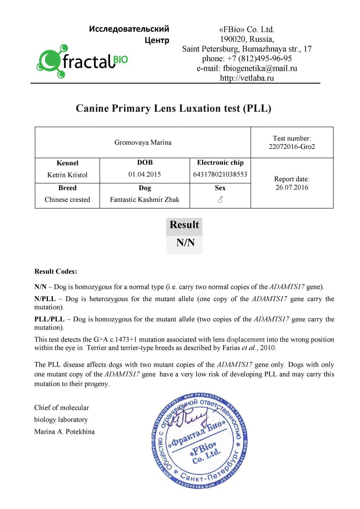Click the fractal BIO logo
(x=82, y=61)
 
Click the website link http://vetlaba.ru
(x=247, y=78)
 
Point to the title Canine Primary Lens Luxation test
(x=173, y=108)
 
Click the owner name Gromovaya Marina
(x=143, y=142)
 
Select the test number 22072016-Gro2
(x=292, y=147)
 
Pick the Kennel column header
(x=67, y=163)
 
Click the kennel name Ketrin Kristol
(x=67, y=175)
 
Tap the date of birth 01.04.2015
(x=144, y=174)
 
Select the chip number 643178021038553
(x=220, y=174)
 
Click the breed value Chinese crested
(x=67, y=199)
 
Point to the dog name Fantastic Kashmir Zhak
(x=144, y=199)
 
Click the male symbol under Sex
(x=220, y=200)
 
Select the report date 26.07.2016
(x=292, y=187)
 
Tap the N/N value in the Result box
(x=185, y=243)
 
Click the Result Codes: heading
(x=56, y=271)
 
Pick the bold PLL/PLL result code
(x=49, y=319)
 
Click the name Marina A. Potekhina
(x=64, y=432)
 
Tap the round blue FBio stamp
(x=200, y=443)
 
